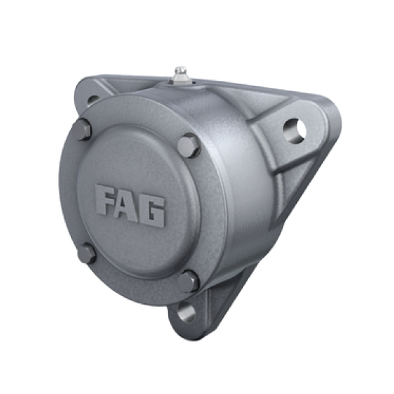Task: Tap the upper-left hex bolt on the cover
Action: (x=83, y=129)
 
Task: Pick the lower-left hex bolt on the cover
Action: (x=87, y=253)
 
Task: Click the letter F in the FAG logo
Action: (x=105, y=200)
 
